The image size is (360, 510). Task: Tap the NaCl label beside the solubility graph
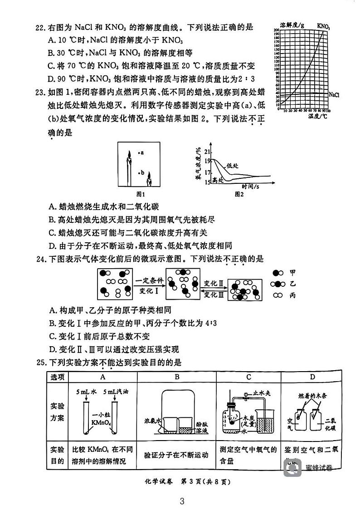point(334,95)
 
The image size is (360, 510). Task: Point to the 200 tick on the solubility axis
point(277,29)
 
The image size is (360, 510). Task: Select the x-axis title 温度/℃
point(317,117)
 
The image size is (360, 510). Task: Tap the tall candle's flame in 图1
point(129,153)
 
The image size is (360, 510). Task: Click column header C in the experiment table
point(249,377)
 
